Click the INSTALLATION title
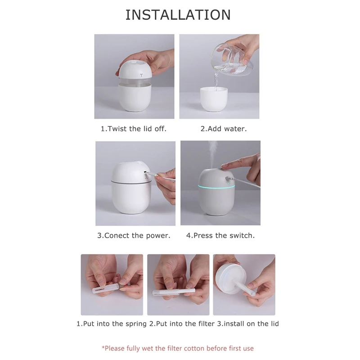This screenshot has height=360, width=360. pos(178,15)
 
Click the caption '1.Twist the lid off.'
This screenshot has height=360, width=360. pos(133,129)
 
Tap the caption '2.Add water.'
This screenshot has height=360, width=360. pos(223,129)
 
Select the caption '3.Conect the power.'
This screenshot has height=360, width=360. pos(134,235)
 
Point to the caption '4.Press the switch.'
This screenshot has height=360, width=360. pos(220,235)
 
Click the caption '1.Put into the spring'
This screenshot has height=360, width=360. pos(111,324)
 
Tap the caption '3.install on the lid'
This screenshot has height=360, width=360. pos(248,324)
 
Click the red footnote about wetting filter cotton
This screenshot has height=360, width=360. pos(177,348)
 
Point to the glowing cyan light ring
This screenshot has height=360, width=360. pos(211,185)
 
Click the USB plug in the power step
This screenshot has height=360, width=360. pos(155,178)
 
